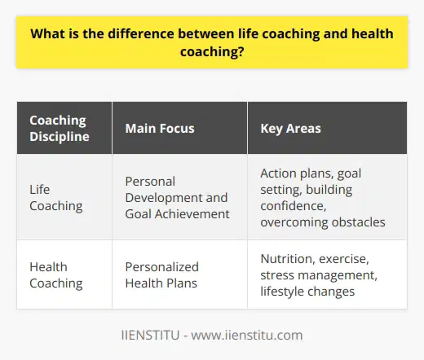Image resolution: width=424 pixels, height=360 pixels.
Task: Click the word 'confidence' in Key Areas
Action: click(289, 205)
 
